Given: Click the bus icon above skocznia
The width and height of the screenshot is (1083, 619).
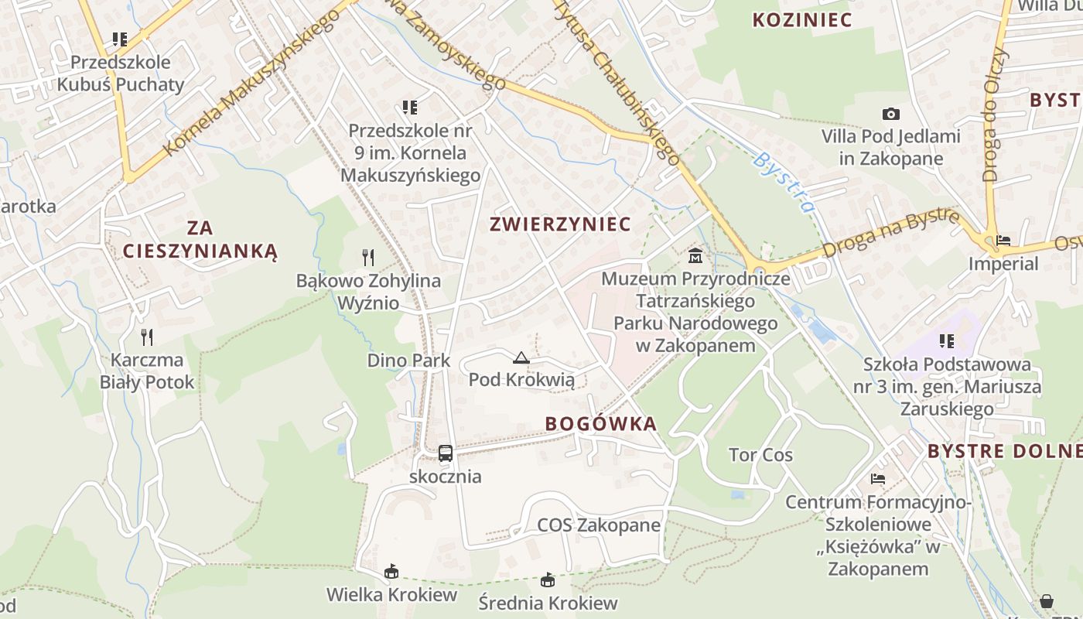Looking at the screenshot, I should (446, 453).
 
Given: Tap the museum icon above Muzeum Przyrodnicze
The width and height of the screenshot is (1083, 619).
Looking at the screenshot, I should (695, 255).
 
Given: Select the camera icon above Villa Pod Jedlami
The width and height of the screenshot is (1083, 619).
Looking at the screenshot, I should (891, 114).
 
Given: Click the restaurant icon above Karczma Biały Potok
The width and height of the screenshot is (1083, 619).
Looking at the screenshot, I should (147, 337).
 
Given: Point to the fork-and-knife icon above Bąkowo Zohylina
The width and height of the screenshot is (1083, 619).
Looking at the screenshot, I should (368, 257).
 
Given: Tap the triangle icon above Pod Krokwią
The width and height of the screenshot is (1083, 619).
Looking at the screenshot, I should (521, 357).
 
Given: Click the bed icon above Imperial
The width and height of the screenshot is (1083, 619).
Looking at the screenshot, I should (1004, 241).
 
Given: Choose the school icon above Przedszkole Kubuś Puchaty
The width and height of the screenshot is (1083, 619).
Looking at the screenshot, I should (119, 39).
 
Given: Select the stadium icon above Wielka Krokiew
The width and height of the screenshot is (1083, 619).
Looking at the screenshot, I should (391, 572).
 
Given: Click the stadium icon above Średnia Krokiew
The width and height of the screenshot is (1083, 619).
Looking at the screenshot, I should (548, 580).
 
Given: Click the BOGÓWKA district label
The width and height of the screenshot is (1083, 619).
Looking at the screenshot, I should (600, 424).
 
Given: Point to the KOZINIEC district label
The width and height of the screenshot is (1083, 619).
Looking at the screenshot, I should (802, 20).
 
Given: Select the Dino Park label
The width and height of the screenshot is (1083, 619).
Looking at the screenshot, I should (408, 361).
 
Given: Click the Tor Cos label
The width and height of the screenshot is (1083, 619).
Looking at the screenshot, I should (760, 455).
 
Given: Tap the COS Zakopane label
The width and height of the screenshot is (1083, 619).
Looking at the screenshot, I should (599, 525).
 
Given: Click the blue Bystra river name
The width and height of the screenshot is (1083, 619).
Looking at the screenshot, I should (784, 183).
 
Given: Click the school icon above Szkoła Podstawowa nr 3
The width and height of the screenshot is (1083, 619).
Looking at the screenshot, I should (947, 340).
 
